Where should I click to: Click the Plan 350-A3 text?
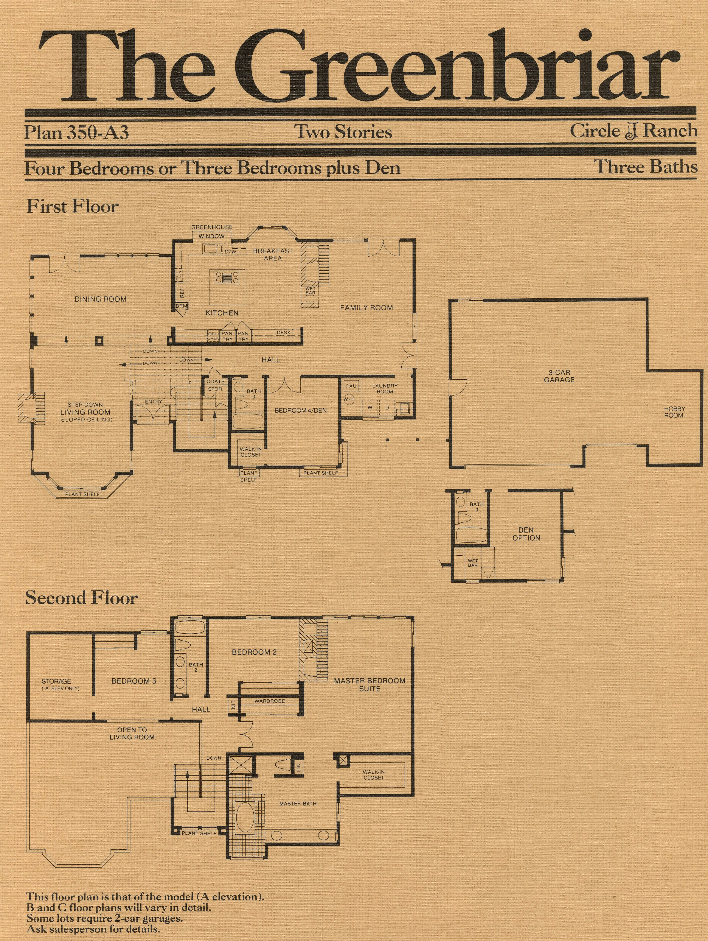tap(76, 132)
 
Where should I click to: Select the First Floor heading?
tap(72, 207)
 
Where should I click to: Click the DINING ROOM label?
tap(100, 299)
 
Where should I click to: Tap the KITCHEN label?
tap(222, 313)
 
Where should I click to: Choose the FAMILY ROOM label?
tap(366, 308)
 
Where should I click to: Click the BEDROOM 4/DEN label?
tap(301, 411)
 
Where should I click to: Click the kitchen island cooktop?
tap(225, 277)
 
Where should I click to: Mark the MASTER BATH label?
tap(298, 804)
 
